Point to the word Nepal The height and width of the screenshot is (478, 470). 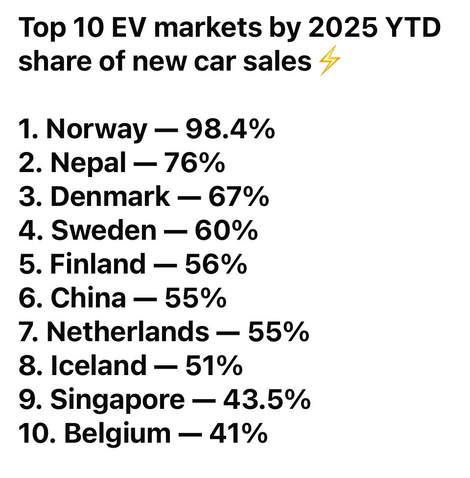(x=88, y=163)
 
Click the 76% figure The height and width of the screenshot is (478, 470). (x=194, y=163)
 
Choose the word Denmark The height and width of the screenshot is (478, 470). (x=111, y=197)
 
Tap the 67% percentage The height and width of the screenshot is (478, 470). (x=238, y=197)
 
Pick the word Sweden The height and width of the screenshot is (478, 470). (x=104, y=230)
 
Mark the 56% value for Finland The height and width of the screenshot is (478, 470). (x=215, y=264)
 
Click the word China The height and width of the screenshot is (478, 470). (x=88, y=298)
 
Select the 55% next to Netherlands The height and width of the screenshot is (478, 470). (x=278, y=332)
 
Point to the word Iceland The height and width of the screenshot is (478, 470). (x=98, y=366)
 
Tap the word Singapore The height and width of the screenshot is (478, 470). (x=117, y=400)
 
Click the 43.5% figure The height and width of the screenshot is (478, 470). (x=266, y=400)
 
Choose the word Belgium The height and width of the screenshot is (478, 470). (x=117, y=433)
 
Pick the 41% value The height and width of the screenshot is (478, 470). (x=238, y=433)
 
